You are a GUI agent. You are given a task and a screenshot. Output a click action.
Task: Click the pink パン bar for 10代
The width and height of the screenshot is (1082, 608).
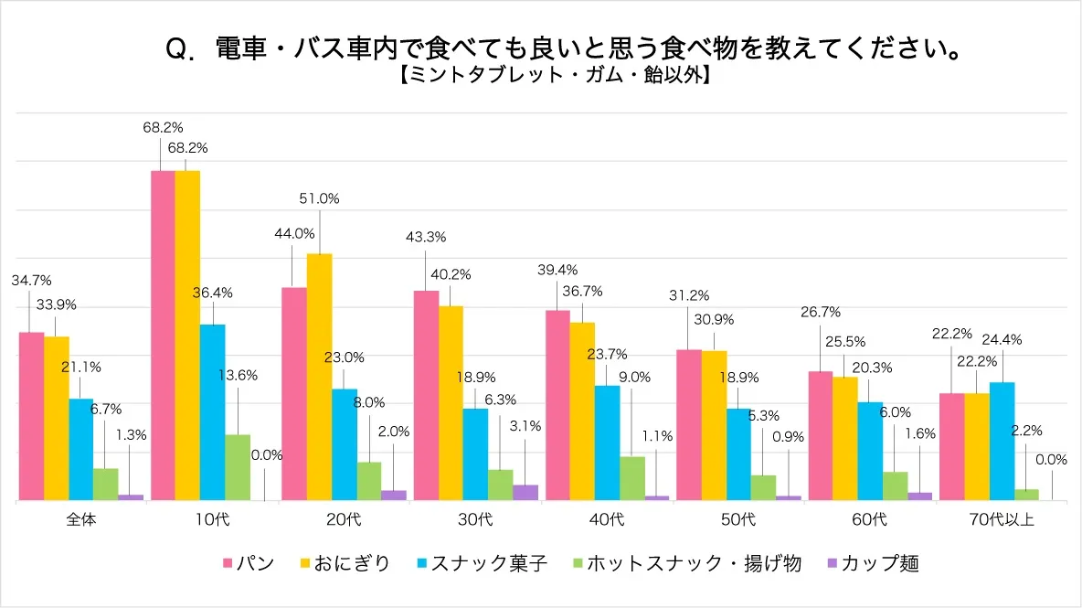[x=162, y=336]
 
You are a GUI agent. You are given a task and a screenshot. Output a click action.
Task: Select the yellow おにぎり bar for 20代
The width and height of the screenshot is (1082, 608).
[x=319, y=377]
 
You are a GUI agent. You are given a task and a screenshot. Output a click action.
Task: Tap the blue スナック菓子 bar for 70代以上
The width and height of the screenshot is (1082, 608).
[x=1002, y=441]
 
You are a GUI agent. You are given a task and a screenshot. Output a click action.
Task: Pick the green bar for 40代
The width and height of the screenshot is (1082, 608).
[x=631, y=477]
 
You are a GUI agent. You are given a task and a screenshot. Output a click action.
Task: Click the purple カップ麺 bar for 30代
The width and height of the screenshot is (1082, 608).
[x=525, y=492]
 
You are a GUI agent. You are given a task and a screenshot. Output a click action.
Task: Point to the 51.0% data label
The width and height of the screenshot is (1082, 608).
[x=319, y=197]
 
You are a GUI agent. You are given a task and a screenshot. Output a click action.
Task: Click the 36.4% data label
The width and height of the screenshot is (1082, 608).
[x=213, y=293]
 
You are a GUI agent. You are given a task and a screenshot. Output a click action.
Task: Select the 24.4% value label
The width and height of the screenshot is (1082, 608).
[x=1002, y=339]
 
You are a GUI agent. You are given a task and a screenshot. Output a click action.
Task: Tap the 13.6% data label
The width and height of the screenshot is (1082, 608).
[x=238, y=375]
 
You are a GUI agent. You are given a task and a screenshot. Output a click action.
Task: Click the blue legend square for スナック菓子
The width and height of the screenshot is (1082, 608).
[x=422, y=564]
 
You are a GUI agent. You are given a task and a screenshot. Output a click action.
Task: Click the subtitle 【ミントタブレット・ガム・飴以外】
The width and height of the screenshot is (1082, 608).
[x=555, y=77]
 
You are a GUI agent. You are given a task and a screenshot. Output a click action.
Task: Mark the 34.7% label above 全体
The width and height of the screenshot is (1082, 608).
[x=31, y=280]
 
